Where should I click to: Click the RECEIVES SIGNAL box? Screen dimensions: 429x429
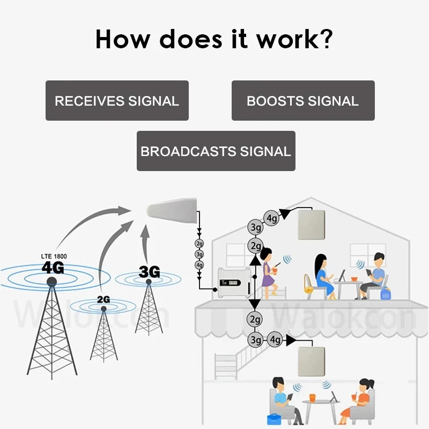click(x=117, y=100)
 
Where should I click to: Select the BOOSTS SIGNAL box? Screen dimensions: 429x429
click(x=303, y=100)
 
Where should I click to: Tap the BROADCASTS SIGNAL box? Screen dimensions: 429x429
click(x=216, y=151)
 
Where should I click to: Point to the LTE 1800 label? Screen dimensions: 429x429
click(x=53, y=256)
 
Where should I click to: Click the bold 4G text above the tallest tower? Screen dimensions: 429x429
click(x=53, y=267)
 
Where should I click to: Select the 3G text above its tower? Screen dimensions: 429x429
click(x=149, y=272)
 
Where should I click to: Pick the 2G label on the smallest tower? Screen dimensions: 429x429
click(x=103, y=299)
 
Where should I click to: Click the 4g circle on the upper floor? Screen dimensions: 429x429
click(x=272, y=218)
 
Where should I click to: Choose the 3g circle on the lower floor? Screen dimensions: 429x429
click(x=256, y=339)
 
